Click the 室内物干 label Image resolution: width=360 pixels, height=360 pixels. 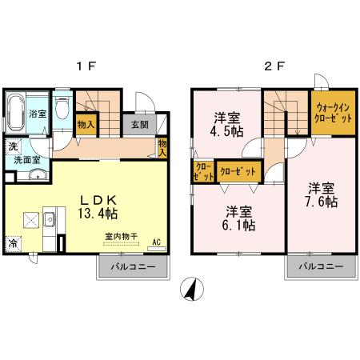[x=121, y=236]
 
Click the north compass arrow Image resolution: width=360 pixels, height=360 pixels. [x=190, y=290]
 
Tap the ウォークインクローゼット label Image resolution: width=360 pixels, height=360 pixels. [x=333, y=112]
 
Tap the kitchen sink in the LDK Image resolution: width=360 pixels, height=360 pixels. [x=48, y=218]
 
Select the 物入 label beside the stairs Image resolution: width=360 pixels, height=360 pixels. [x=86, y=124]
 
